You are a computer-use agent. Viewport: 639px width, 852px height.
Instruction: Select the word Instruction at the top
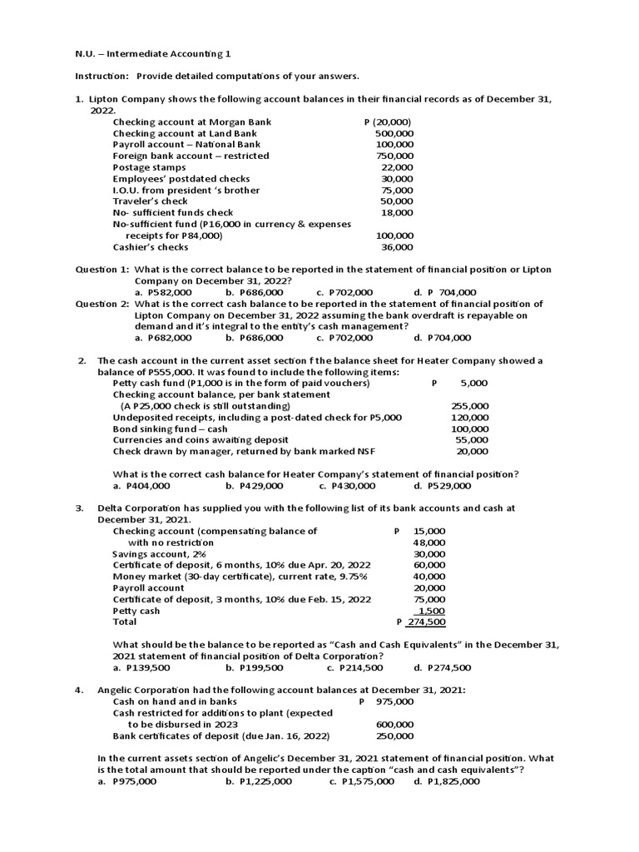point(103,77)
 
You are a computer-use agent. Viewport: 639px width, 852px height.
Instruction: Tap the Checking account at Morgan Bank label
point(192,122)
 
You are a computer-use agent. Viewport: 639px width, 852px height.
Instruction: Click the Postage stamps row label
point(149,167)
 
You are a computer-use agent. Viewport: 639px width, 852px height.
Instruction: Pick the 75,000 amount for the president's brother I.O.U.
point(397,191)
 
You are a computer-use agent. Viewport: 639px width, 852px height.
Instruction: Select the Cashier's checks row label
point(151,247)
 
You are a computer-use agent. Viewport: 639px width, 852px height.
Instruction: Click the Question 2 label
point(102,305)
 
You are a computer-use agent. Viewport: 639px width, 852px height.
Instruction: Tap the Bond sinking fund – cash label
point(170,429)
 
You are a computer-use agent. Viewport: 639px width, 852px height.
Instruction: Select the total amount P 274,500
point(421,622)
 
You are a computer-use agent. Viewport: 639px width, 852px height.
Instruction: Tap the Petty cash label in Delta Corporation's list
point(136,611)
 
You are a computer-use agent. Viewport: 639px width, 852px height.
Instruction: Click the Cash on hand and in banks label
point(175,701)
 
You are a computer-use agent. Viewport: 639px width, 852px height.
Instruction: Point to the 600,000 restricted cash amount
point(395,724)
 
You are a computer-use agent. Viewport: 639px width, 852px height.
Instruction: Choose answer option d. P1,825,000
point(447,782)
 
